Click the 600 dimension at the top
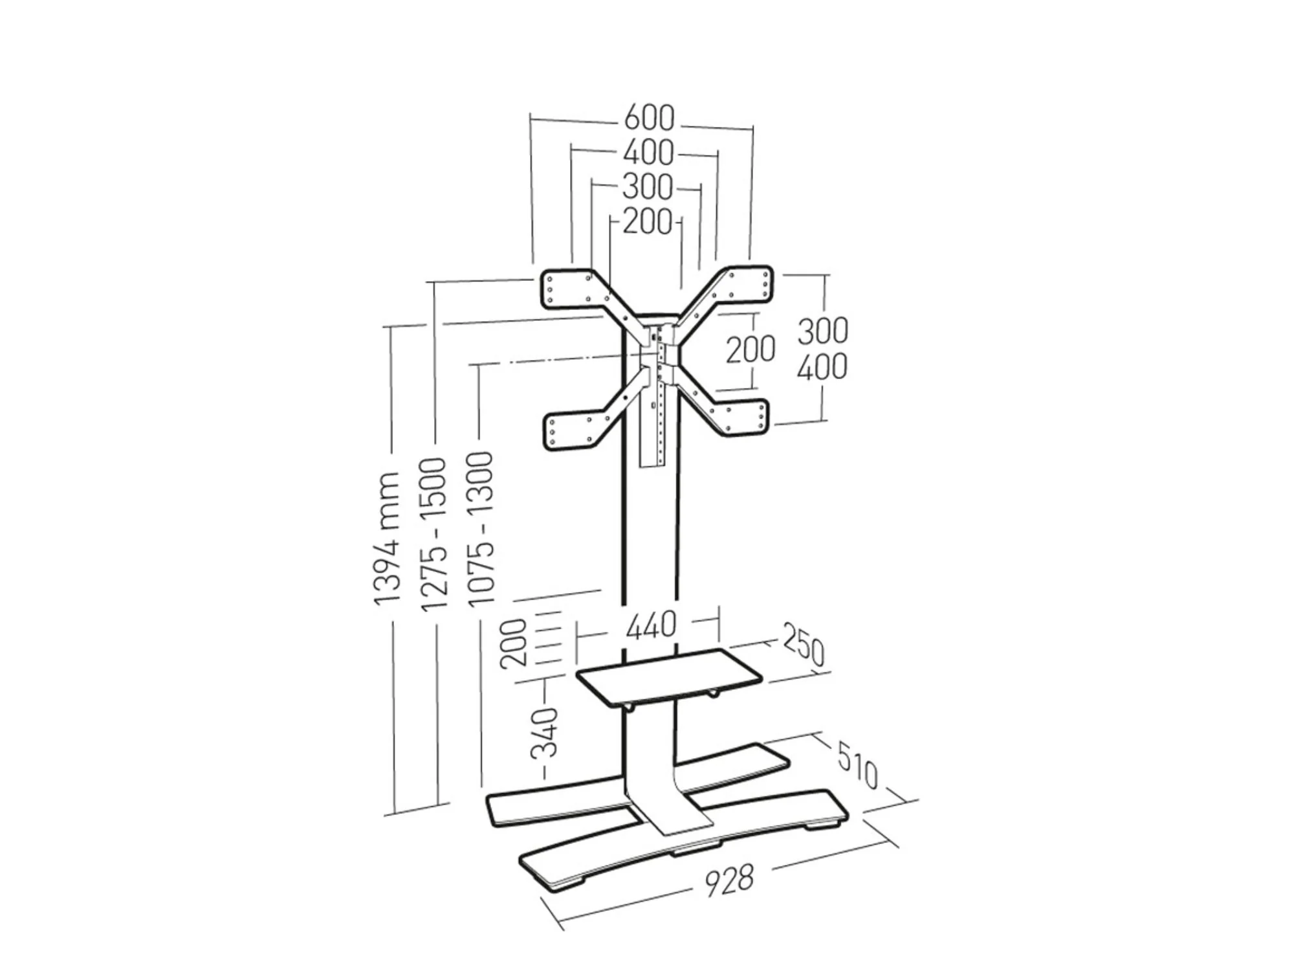[x=649, y=118]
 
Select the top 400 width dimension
[x=648, y=153]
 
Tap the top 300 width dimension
[x=648, y=188]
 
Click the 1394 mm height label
[x=388, y=539]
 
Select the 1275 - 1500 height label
[x=434, y=533]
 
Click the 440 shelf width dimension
[x=651, y=625]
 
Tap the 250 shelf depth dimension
[x=804, y=645]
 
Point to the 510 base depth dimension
[x=858, y=766]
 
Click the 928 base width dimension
[x=729, y=880]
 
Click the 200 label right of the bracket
[x=750, y=350]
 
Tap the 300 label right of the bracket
[x=822, y=331]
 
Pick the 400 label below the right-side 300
[x=822, y=367]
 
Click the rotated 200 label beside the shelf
[x=515, y=643]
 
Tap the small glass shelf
[x=668, y=676]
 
